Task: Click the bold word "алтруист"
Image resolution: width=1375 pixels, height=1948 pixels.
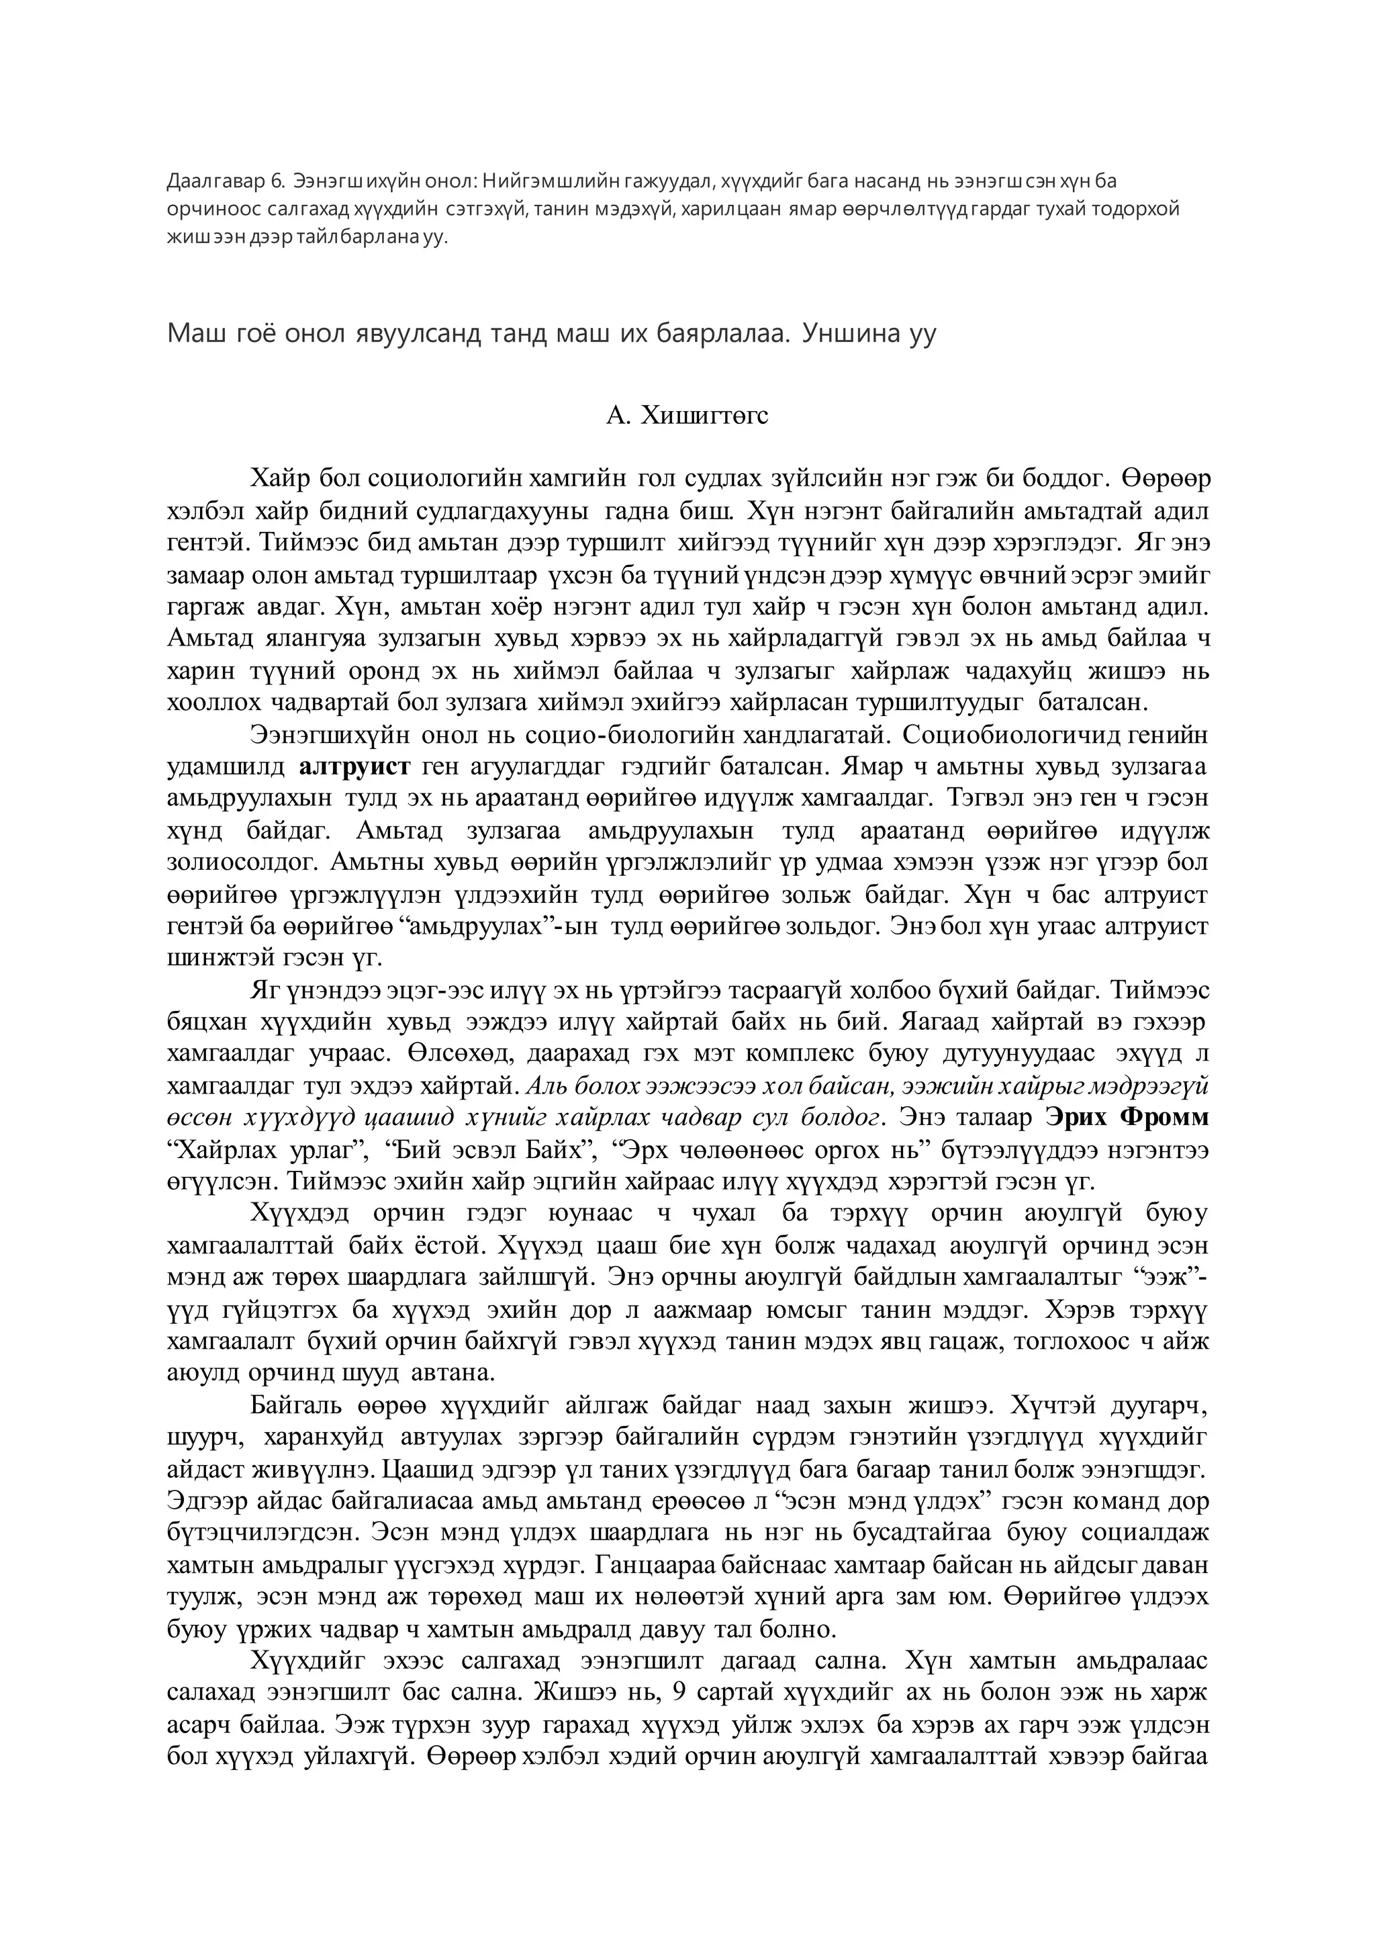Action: [x=355, y=766]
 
